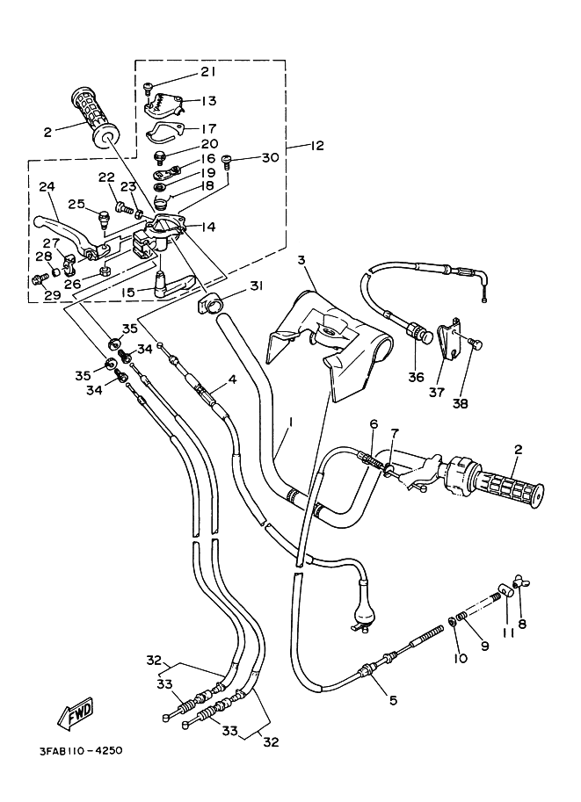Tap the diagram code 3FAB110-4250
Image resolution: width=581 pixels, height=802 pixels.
(x=81, y=751)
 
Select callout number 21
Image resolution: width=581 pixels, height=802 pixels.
(x=207, y=72)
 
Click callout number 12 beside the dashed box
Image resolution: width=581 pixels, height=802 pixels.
(x=316, y=146)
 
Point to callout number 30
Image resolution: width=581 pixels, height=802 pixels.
(x=271, y=157)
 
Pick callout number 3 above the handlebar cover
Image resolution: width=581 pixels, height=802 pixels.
(x=301, y=260)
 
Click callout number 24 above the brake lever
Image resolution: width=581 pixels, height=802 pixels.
(x=47, y=187)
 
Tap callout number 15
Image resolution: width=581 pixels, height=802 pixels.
(x=127, y=292)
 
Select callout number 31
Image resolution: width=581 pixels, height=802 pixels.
(x=256, y=285)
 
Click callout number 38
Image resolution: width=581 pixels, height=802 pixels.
(x=461, y=403)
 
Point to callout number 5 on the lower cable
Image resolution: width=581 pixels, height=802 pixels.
(x=393, y=700)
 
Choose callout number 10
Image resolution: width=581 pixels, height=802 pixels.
(x=461, y=658)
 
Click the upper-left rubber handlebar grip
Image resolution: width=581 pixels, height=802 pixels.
(x=96, y=118)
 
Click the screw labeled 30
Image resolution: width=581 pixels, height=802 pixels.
(x=228, y=163)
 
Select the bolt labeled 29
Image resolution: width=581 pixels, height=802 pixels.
(x=39, y=279)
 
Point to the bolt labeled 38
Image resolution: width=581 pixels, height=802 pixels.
(x=476, y=346)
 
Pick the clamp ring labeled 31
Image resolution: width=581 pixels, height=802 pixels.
(x=208, y=306)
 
